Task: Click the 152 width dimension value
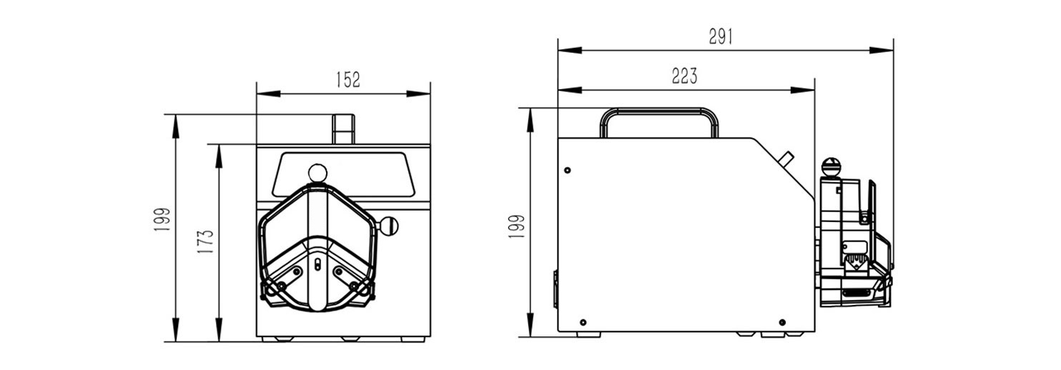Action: (348, 80)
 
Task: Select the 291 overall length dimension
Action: (721, 36)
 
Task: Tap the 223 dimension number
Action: (685, 76)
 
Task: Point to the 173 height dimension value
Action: (206, 241)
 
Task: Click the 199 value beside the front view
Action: (162, 219)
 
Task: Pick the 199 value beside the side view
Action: (517, 226)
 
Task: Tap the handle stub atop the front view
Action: (343, 129)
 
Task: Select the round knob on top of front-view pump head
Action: (317, 173)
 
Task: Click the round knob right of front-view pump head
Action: (389, 226)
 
